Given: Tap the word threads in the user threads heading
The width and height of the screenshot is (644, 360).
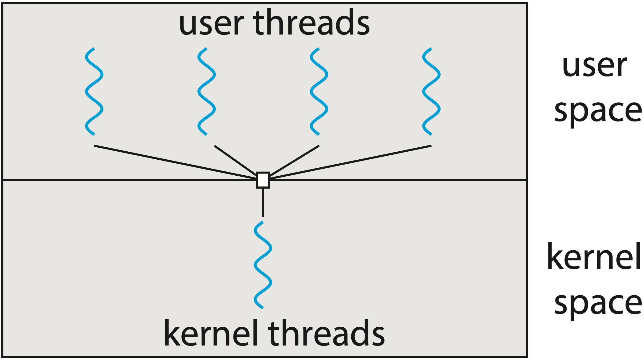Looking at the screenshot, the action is point(312,22).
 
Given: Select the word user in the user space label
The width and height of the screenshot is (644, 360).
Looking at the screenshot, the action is point(595,67).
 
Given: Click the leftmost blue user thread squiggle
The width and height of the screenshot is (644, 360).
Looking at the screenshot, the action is point(94,92).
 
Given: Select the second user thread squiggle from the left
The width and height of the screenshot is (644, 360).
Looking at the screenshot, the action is point(206,92).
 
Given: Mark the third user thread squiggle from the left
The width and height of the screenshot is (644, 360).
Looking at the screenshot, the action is point(319,92).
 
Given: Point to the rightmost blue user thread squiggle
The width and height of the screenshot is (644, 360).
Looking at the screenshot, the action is point(431,92).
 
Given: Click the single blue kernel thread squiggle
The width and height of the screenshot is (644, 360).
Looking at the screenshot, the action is point(263,265).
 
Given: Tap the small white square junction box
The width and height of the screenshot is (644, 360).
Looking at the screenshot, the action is point(263,180).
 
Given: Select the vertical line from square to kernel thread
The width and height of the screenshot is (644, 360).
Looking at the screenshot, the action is point(263,202).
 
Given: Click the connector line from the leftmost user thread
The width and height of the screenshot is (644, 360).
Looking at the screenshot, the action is point(175,162).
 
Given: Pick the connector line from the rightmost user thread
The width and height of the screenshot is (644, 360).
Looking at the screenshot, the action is point(350,162).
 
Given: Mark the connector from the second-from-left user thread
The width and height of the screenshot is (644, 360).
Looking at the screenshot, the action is point(235,160).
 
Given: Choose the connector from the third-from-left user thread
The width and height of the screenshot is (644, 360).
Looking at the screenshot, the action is point(294,160).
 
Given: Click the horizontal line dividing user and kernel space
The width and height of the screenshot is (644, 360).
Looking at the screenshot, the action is point(130,180).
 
